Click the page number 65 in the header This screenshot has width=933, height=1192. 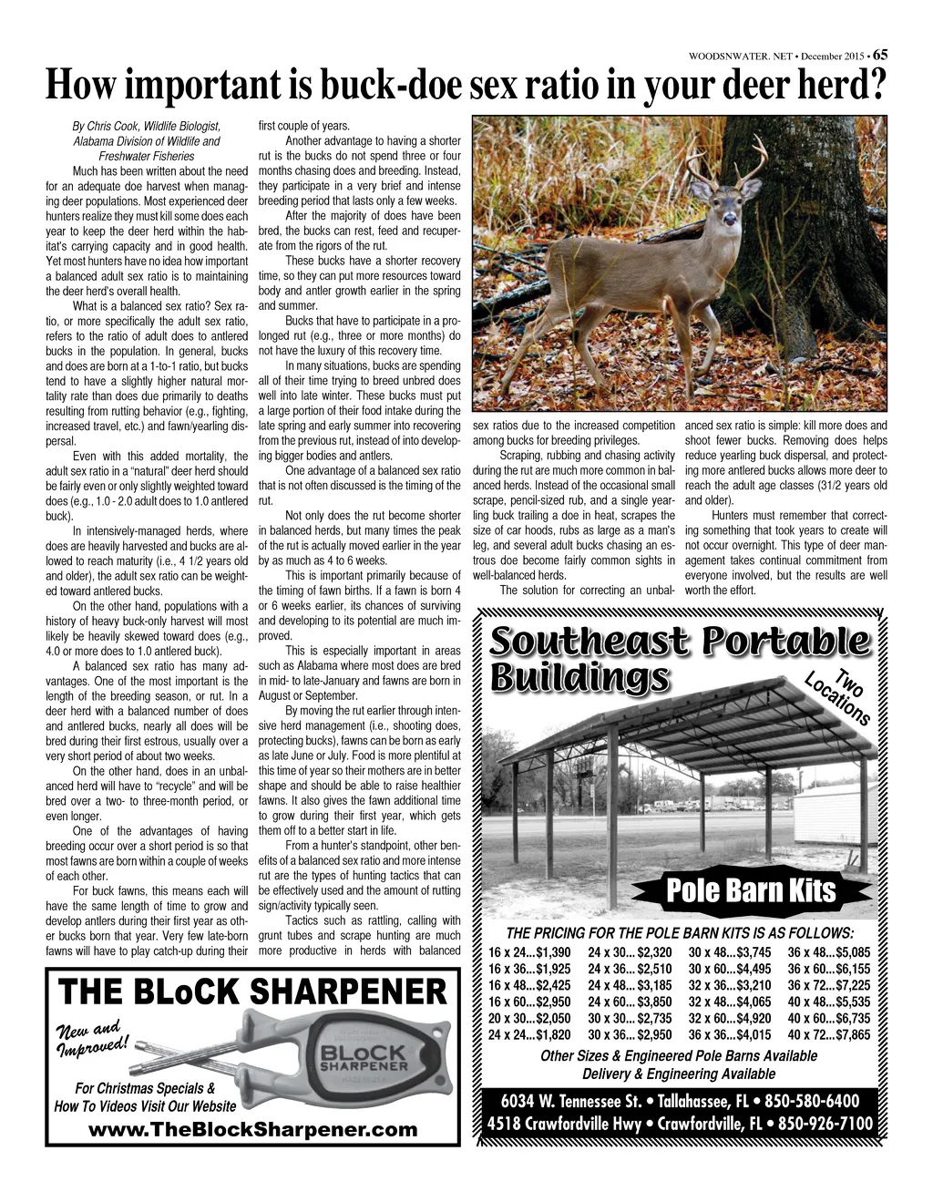click(x=880, y=55)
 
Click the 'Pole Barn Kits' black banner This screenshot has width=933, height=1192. click(x=751, y=889)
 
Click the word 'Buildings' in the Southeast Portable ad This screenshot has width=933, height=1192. click(x=579, y=679)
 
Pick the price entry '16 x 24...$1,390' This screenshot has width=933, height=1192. click(x=529, y=953)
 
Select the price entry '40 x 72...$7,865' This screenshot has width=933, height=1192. click(x=829, y=1035)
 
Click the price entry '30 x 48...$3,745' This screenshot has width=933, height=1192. click(x=730, y=953)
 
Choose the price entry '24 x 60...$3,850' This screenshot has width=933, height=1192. click(x=630, y=1002)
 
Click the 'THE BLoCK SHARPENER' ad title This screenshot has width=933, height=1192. click(x=252, y=992)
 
